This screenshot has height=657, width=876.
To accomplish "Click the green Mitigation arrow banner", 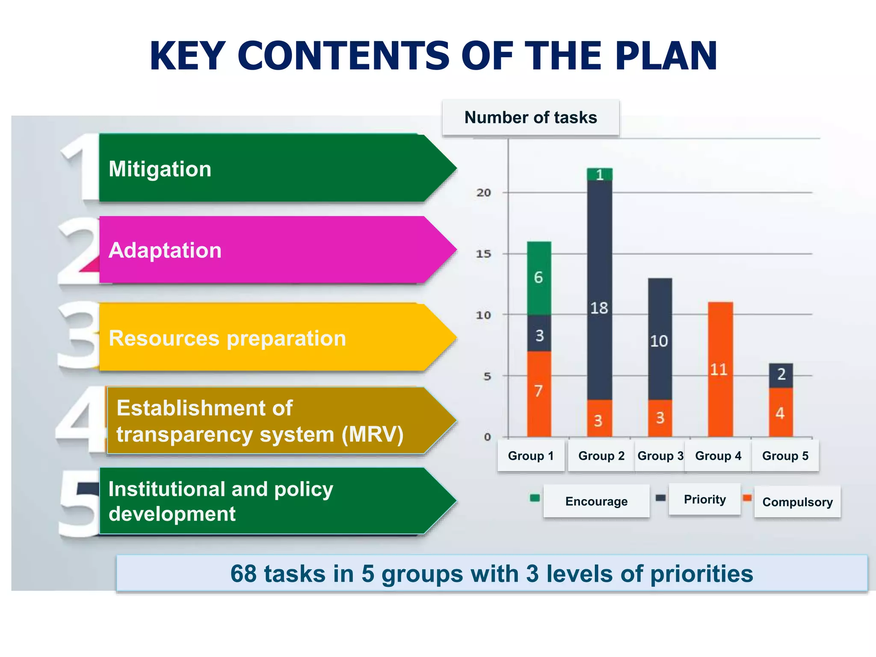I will pos(274,168).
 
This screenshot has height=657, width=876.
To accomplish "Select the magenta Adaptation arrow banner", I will pos(274,250).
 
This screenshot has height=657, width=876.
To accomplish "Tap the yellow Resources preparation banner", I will pos(274,338).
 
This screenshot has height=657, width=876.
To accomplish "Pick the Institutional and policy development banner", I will pos(274,501).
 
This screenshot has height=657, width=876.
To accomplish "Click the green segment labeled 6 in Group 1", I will pos(539,278).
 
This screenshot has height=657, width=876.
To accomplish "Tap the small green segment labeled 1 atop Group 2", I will pos(600,175).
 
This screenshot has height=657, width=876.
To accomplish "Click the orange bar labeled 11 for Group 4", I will pos(720,370).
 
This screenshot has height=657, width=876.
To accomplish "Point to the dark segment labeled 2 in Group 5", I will pos(781,375).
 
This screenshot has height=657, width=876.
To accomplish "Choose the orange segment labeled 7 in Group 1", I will pos(539,391).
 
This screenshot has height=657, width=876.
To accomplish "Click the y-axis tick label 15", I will pos(484,254).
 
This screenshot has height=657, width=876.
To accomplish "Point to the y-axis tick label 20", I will pos(484,193).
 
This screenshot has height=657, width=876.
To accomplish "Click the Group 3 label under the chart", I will pos(660,456).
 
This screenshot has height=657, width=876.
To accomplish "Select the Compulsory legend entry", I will pos(797,502).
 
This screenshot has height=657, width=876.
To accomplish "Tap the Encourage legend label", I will pos(596,501).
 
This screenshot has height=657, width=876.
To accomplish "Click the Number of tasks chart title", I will pos(530,118).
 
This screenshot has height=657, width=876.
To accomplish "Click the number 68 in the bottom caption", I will pos(243,574).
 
